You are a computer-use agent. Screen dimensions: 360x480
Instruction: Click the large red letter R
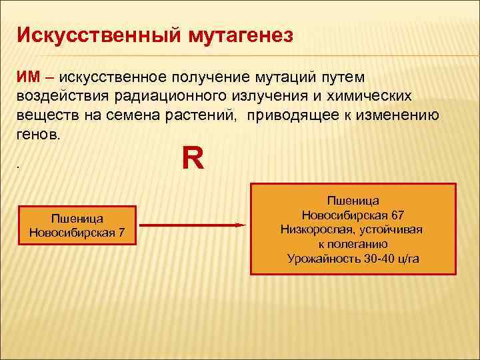pyautogui.click(x=193, y=159)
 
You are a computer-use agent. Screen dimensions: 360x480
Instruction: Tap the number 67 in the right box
pyautogui.click(x=397, y=215)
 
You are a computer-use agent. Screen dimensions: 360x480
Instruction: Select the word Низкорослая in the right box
pyautogui.click(x=319, y=229)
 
